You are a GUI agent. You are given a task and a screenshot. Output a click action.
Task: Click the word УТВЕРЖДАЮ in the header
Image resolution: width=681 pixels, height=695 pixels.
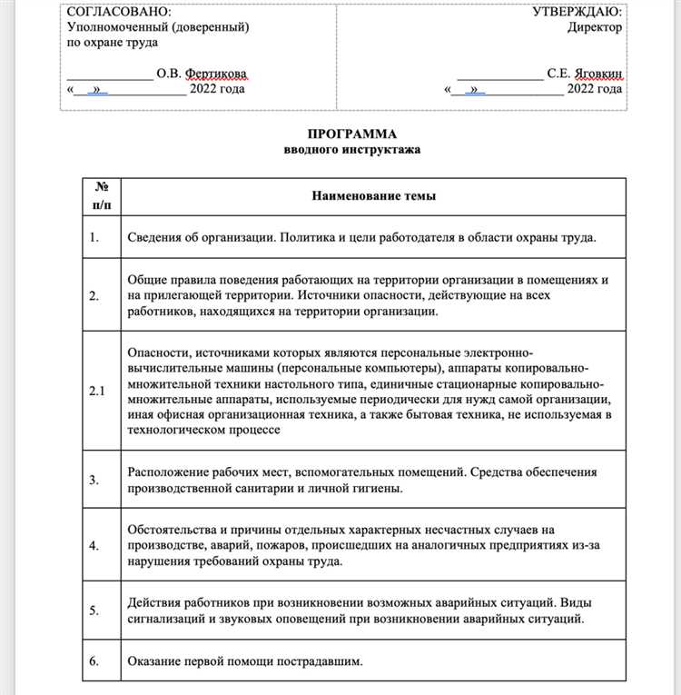pos(577,11)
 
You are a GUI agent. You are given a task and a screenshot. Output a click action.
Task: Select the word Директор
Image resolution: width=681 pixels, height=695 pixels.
pos(595,26)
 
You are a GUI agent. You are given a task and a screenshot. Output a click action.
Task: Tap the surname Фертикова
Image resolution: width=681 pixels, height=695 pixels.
pos(214,73)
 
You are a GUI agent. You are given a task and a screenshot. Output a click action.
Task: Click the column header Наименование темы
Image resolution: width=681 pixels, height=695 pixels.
pos(373,195)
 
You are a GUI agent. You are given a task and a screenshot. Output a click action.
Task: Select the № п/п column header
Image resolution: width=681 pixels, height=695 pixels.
pos(100,195)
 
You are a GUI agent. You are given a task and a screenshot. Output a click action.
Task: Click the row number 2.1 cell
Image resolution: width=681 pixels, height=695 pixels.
pos(97,391)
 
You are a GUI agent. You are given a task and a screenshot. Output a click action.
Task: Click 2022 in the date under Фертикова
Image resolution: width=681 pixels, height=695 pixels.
pos(204,89)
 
